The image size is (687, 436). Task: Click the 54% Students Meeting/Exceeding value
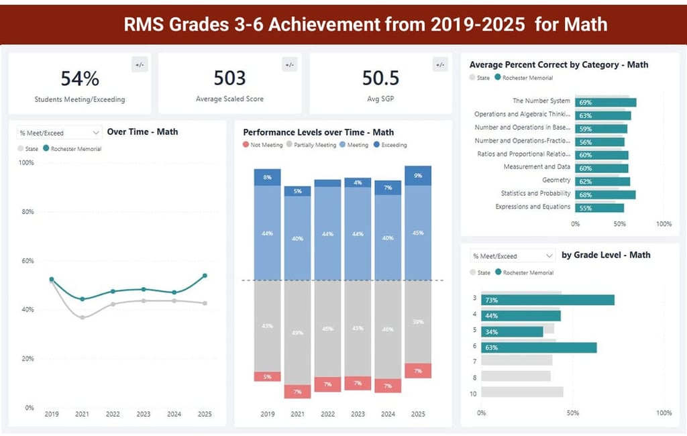(80, 78)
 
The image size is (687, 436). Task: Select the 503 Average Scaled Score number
(230, 78)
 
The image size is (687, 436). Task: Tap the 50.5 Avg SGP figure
(380, 78)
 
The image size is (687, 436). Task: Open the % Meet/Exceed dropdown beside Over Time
(59, 133)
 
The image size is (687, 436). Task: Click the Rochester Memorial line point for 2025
(205, 276)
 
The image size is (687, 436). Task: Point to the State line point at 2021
(82, 317)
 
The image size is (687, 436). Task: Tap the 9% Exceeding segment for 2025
(418, 176)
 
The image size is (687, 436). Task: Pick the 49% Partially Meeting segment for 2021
(297, 332)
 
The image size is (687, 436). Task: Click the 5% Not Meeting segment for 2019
(267, 376)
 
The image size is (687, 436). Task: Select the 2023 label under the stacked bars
(358, 415)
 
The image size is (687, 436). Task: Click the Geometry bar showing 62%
(602, 181)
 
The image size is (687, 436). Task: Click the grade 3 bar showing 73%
(546, 300)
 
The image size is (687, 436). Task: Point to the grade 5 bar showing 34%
(511, 331)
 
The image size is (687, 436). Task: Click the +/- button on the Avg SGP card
(440, 65)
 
